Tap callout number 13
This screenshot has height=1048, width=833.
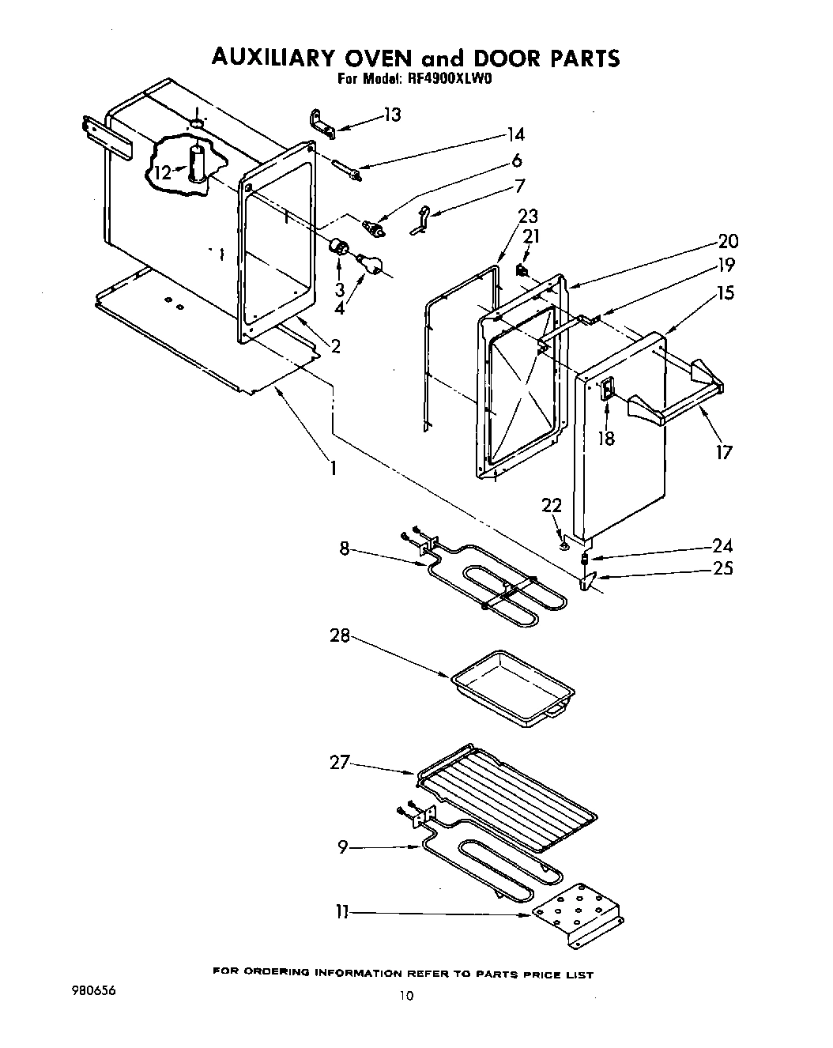point(392,115)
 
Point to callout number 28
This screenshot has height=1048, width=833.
point(340,635)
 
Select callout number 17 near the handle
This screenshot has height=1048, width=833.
point(724,451)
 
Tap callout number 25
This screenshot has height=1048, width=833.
point(722,567)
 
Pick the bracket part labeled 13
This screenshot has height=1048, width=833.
point(319,125)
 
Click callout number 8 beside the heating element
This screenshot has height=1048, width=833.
point(345,547)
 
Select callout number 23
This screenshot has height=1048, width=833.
point(527,216)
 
